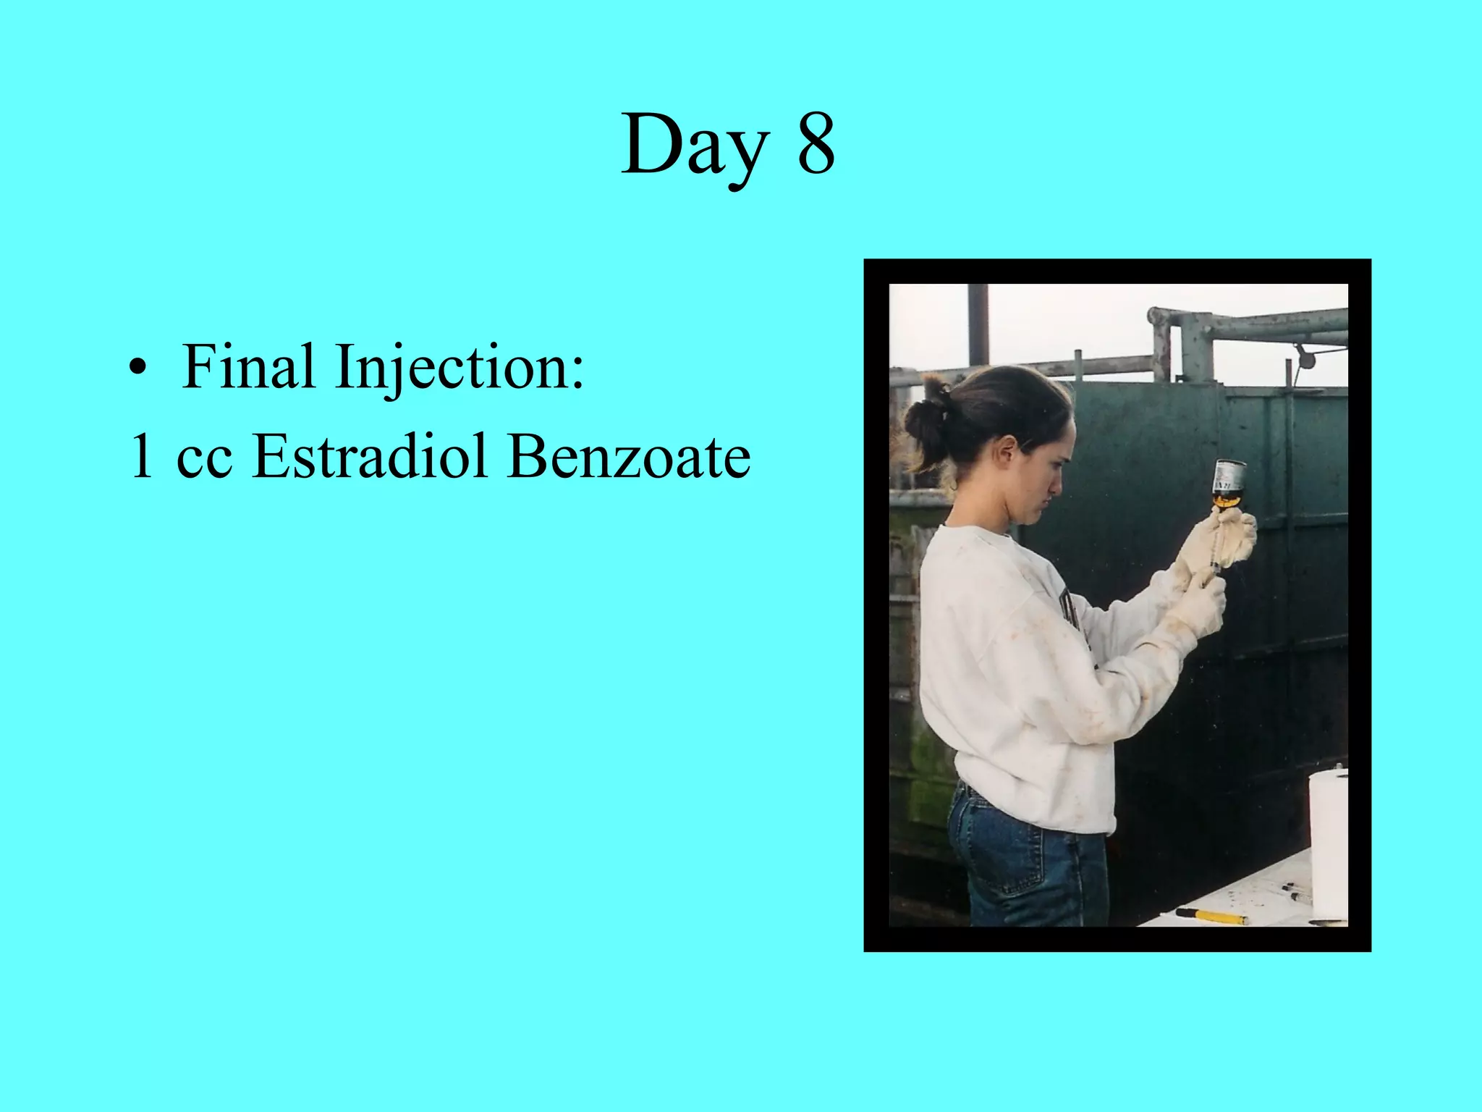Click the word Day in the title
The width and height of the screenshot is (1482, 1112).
tap(695, 145)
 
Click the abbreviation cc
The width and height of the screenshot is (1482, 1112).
tap(205, 459)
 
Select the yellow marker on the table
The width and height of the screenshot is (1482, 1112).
tap(1211, 916)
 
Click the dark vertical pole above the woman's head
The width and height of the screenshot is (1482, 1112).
tap(978, 326)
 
